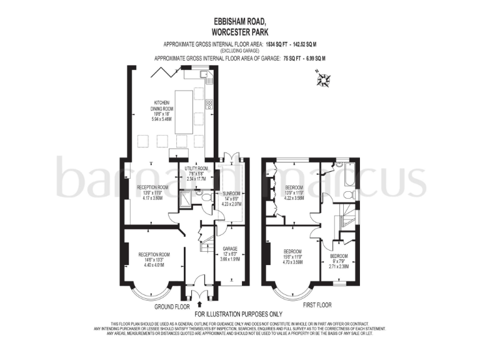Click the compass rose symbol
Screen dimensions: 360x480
324,79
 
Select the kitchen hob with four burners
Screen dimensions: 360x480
209,104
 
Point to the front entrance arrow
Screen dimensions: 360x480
199,304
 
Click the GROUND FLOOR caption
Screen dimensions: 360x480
172,307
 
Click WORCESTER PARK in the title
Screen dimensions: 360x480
239,31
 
